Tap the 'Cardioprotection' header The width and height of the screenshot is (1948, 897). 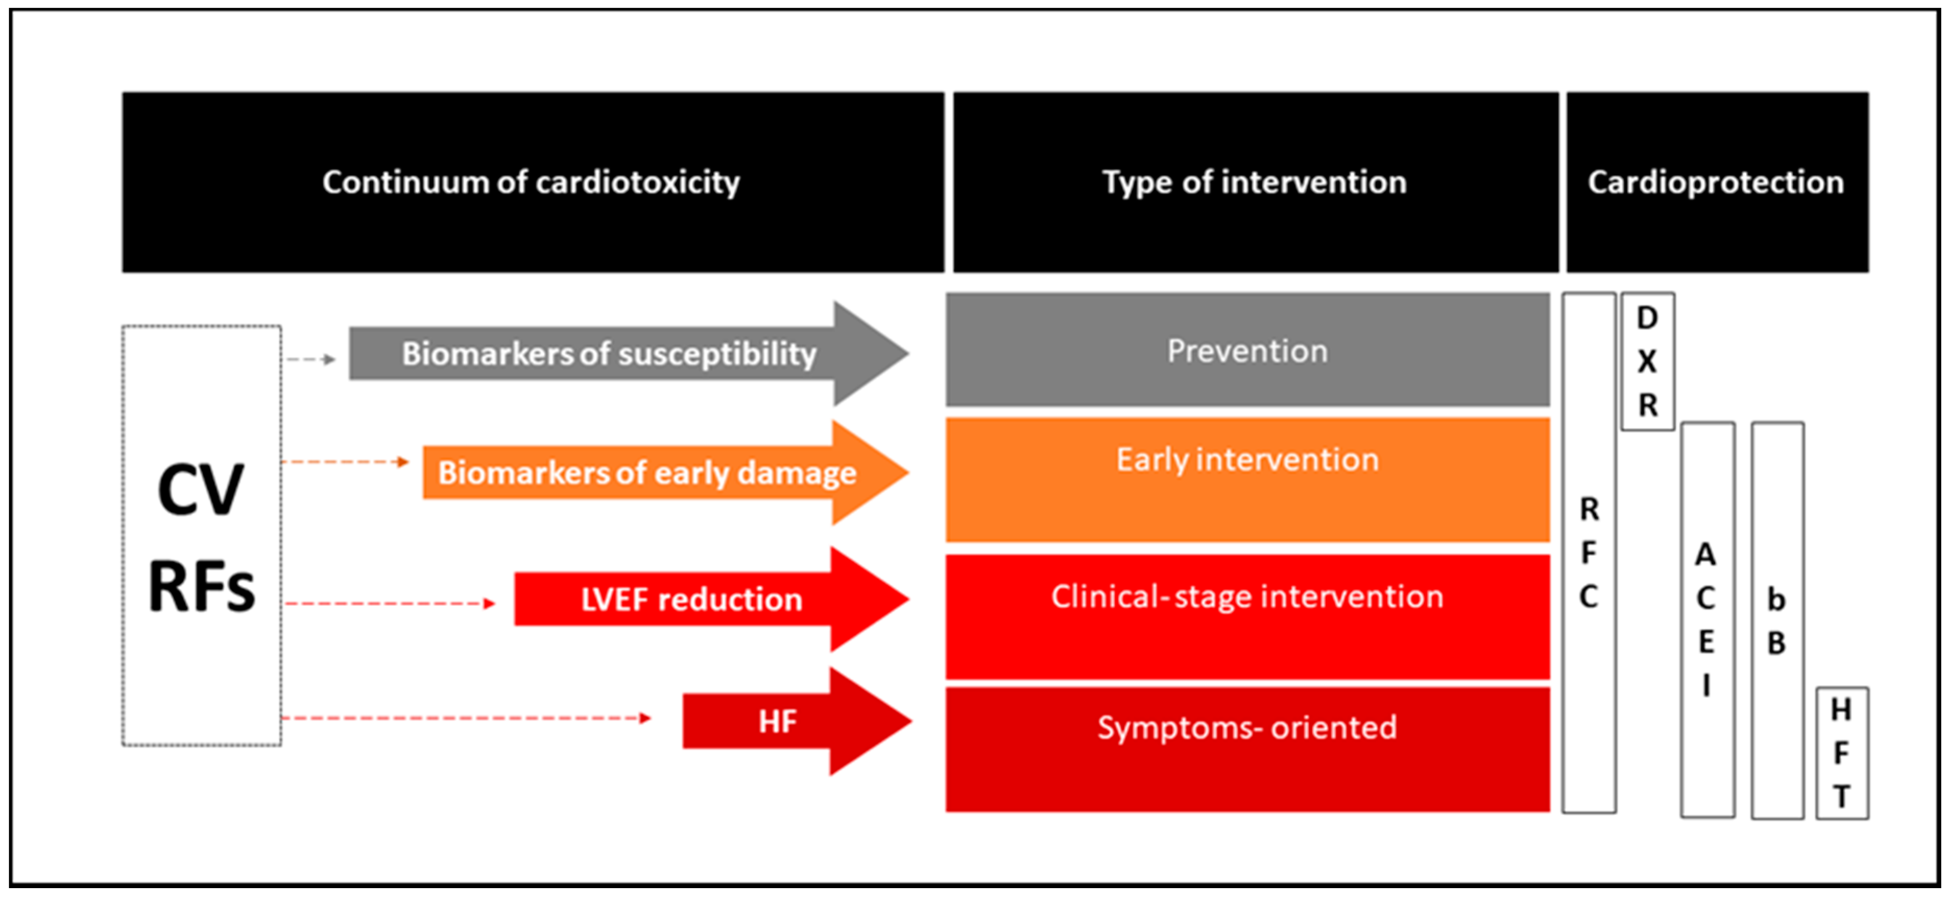tap(1716, 182)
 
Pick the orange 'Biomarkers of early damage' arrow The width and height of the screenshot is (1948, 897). tap(647, 473)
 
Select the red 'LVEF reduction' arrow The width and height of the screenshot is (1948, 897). tap(691, 600)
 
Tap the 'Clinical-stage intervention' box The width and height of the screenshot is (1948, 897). tap(1247, 616)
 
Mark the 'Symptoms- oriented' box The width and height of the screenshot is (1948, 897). tap(1247, 749)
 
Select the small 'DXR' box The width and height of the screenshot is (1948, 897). tap(1647, 362)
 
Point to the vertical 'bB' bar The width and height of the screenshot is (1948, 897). tap(1777, 621)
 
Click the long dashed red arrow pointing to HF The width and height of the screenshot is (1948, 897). tap(465, 717)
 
